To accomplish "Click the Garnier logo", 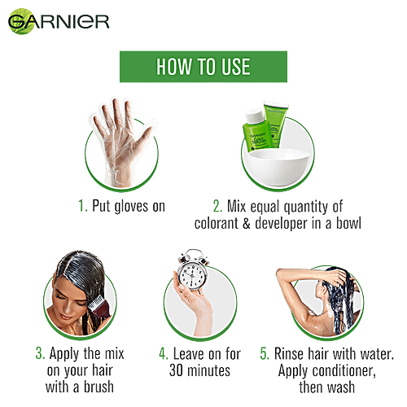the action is click(x=59, y=21).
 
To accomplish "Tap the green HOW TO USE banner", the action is click(x=203, y=67).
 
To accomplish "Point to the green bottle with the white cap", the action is click(x=256, y=131).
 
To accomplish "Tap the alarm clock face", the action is click(x=192, y=274).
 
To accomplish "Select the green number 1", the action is click(x=82, y=206).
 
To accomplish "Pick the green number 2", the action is click(x=217, y=206).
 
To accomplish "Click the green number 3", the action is click(x=40, y=353).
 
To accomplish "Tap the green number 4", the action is click(x=164, y=353).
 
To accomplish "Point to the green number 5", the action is click(x=265, y=353).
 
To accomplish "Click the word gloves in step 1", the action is click(x=131, y=207).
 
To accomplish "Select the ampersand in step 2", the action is click(x=246, y=223).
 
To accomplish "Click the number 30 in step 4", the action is click(x=176, y=370).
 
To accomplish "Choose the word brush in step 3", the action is click(x=98, y=387).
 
